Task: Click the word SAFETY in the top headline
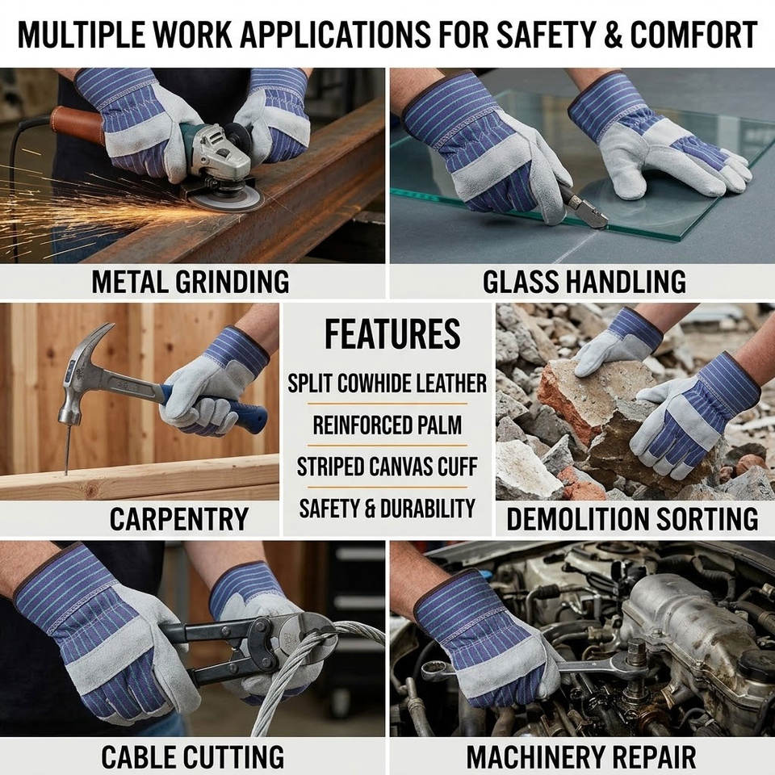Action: pyautogui.click(x=547, y=35)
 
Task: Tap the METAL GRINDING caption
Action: pyautogui.click(x=191, y=282)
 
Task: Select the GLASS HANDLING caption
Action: pyautogui.click(x=584, y=282)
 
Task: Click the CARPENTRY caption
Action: pyautogui.click(x=179, y=519)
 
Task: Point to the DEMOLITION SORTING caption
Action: pyautogui.click(x=632, y=519)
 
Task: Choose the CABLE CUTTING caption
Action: pyautogui.click(x=193, y=756)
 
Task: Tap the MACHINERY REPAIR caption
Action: pyautogui.click(x=581, y=756)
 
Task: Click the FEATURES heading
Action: pyautogui.click(x=392, y=334)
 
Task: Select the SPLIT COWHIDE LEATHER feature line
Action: pyautogui.click(x=387, y=383)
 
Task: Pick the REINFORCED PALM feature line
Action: pyautogui.click(x=387, y=425)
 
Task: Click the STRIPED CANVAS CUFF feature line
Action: pyautogui.click(x=387, y=467)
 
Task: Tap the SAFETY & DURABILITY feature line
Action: pyautogui.click(x=387, y=509)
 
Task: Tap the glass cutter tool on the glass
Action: pyautogui.click(x=586, y=207)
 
